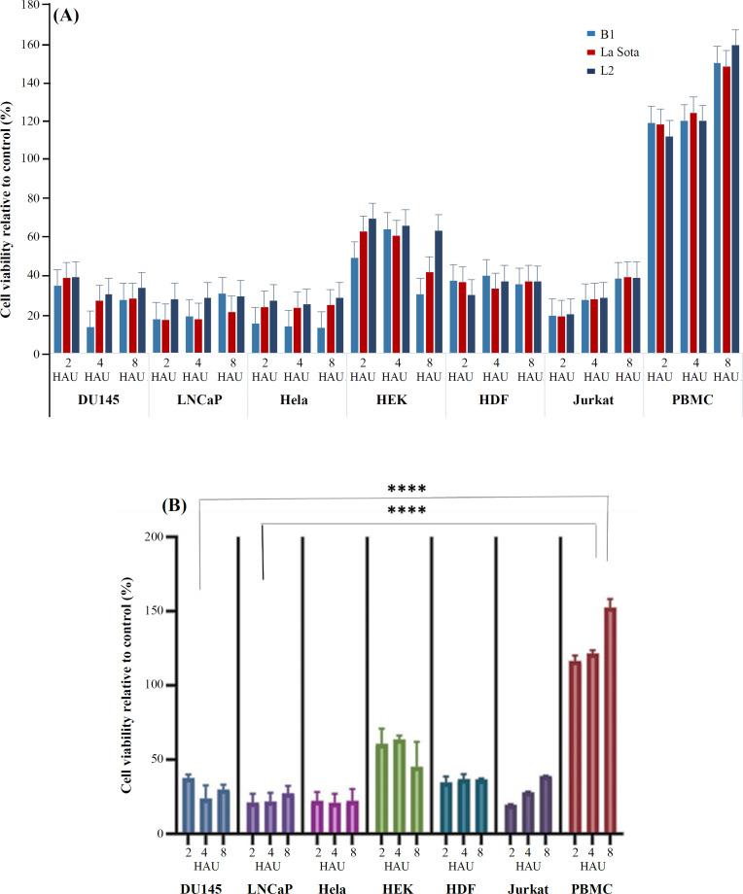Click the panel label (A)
(x=65, y=16)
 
